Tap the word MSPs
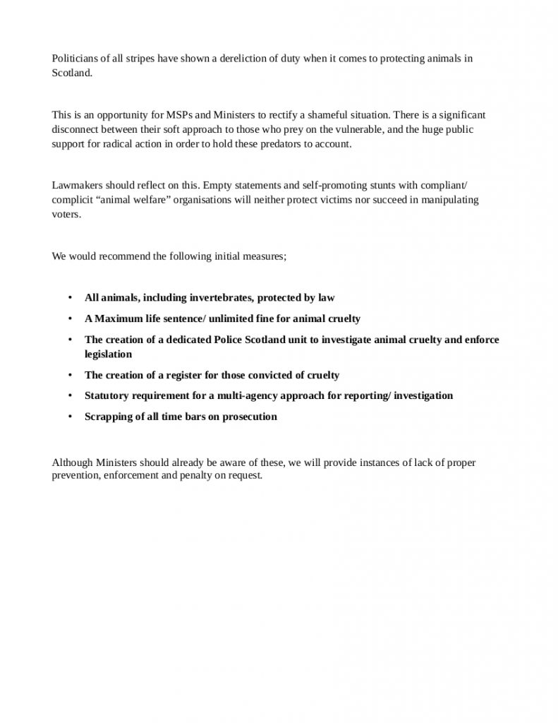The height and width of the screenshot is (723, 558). (x=179, y=114)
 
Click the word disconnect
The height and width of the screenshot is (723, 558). (x=75, y=130)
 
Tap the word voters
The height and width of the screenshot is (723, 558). (x=66, y=215)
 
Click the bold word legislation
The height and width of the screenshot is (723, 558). (x=108, y=354)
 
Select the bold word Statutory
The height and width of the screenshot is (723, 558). (x=107, y=395)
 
